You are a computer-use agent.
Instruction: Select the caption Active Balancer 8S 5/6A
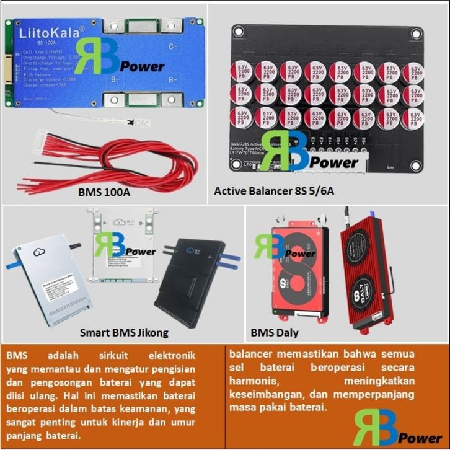click(x=274, y=191)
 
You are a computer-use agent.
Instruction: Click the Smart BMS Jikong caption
click(x=124, y=333)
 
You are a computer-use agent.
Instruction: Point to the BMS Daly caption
click(x=275, y=333)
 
